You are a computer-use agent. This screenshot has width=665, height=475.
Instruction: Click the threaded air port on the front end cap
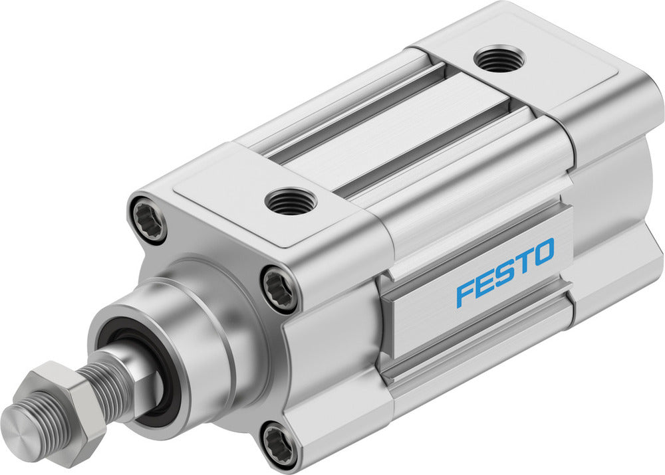pyautogui.click(x=291, y=201)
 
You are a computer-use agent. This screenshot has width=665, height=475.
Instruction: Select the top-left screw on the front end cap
pyautogui.click(x=148, y=218)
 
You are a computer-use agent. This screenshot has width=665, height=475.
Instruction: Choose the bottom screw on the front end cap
pyautogui.click(x=279, y=442)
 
